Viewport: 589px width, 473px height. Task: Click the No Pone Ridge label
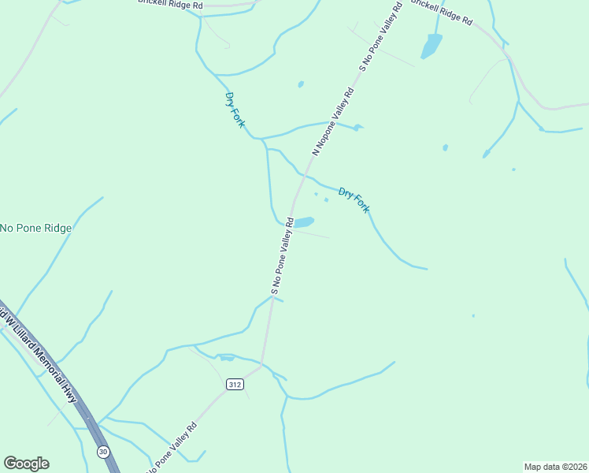point(36,229)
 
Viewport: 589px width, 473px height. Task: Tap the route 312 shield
point(234,384)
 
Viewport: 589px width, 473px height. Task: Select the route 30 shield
point(103,452)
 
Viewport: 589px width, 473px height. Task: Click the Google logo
point(26,464)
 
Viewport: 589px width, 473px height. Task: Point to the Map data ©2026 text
point(555,466)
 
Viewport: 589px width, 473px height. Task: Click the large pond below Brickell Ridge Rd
point(432,45)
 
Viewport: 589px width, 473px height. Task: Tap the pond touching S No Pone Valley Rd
point(303,222)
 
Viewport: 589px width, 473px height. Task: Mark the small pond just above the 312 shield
point(228,359)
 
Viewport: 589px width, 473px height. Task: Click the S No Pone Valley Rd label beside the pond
point(283,256)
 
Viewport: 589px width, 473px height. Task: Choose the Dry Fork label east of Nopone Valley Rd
point(354,199)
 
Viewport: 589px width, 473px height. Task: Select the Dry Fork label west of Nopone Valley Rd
point(235,110)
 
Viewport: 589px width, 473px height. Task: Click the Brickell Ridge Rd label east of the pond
point(440,12)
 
